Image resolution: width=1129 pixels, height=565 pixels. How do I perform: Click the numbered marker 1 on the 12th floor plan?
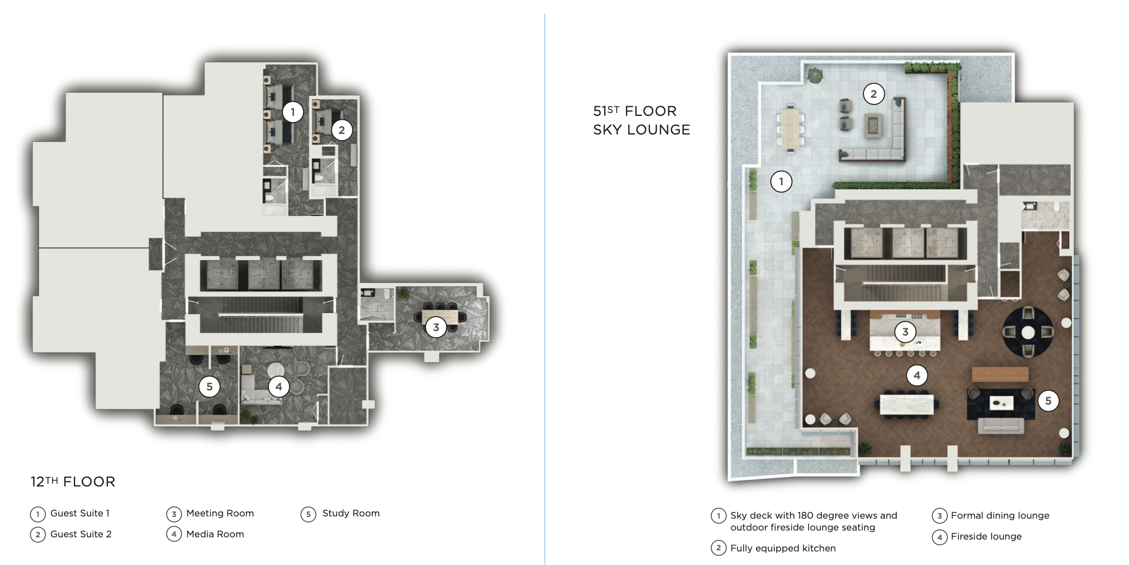pos(292,112)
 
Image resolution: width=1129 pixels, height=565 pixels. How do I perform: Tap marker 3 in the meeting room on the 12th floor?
pos(436,327)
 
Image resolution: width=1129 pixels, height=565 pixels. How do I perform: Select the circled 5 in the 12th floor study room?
pos(209,386)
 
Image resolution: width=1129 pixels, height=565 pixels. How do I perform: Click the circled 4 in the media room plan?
pos(278,386)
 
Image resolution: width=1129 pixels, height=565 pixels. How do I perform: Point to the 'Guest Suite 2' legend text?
pos(81,534)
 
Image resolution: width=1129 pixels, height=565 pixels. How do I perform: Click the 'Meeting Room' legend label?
pos(220,513)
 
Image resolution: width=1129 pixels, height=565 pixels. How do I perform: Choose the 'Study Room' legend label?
pos(350,513)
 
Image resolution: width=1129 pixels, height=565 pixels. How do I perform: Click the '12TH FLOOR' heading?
pos(73,482)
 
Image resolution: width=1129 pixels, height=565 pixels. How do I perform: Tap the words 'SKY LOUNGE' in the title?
pos(641,130)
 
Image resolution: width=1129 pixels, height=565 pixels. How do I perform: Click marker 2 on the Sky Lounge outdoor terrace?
pos(873,94)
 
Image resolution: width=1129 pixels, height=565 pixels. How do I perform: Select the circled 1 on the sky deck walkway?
pos(781,181)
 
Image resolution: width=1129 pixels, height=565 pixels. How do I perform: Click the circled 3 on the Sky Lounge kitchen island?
pos(905,332)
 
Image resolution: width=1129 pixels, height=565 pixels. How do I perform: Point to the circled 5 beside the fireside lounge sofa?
pos(1048,401)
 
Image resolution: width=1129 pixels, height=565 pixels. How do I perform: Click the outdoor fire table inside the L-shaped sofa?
pos(874,125)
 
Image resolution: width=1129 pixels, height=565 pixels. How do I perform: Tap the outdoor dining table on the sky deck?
pos(790,128)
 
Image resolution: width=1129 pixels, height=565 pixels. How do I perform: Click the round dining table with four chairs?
pos(1028,332)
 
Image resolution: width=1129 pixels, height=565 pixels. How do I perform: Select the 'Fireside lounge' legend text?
pos(986,536)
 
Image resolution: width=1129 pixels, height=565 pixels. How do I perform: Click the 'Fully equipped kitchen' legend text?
pos(783,548)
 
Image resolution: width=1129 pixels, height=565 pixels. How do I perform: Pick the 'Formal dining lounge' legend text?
pos(1000,515)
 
